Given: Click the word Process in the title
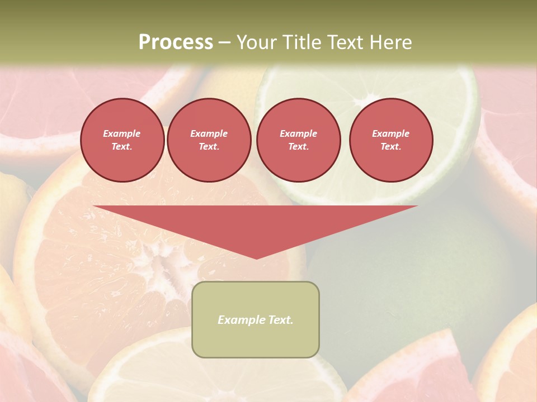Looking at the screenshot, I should coord(176,42).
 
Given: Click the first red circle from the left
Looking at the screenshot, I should coord(123,140).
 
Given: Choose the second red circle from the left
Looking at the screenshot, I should coord(209,140).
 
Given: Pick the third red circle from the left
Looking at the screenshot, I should coord(299,140).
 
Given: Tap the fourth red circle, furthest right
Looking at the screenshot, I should coord(391,140).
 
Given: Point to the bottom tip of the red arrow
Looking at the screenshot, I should coord(256,258).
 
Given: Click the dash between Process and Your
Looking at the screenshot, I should coord(225,43).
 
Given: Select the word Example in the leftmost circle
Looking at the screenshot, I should coord(122,133).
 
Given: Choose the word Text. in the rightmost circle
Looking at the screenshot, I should coord(391,147).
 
